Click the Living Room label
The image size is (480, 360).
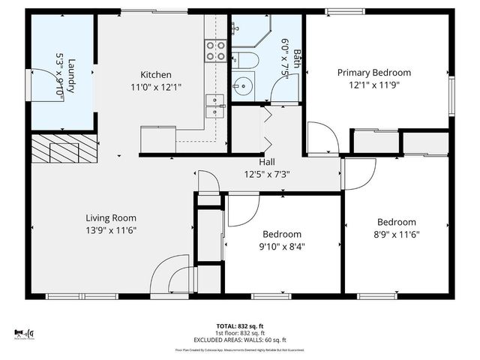110,217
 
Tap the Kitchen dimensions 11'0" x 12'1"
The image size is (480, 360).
157,87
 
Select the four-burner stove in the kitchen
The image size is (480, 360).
215,50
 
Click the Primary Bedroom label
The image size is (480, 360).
373,73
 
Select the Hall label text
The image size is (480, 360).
267,161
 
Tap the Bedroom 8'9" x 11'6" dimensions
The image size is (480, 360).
396,234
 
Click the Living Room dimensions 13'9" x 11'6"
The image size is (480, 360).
110,229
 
